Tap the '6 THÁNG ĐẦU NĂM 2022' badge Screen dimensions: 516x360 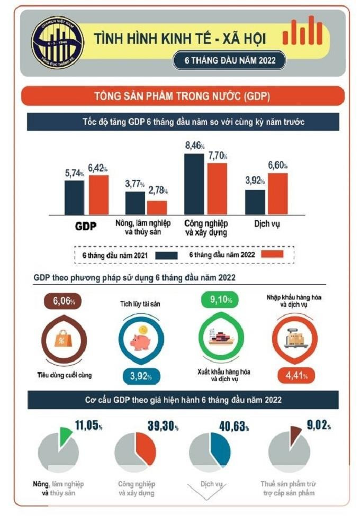230,60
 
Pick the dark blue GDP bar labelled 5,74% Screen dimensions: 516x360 74,197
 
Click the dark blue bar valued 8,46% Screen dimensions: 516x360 194,184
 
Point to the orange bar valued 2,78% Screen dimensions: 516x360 157,207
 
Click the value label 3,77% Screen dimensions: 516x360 136,184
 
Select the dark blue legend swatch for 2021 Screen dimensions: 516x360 167,255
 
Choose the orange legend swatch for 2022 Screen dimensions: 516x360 273,255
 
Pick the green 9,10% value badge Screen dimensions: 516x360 220,301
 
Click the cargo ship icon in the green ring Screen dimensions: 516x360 220,339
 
